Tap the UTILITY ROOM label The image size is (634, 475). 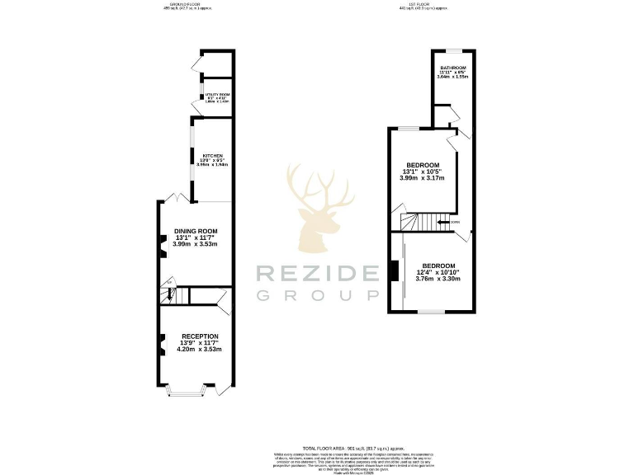217,95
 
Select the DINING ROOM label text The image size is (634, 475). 196,231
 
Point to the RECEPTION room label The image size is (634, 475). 200,336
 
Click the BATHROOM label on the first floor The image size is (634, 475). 453,68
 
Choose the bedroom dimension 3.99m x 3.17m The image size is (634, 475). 422,178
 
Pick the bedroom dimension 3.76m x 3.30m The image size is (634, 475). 438,279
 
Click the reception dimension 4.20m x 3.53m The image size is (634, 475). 200,350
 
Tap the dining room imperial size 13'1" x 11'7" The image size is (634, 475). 196,237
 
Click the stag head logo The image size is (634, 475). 316,207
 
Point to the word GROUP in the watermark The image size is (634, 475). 316,296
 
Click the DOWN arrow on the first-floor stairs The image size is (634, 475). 453,221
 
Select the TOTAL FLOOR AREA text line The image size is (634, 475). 316,444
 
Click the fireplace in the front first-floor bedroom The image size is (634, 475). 393,270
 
